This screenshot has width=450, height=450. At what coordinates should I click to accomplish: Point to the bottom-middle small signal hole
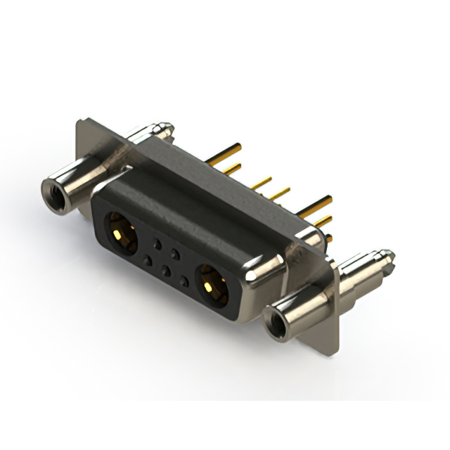click(165, 271)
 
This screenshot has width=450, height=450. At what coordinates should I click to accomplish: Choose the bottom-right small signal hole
click(184, 281)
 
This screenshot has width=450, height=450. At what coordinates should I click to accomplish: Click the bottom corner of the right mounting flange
click(336, 350)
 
